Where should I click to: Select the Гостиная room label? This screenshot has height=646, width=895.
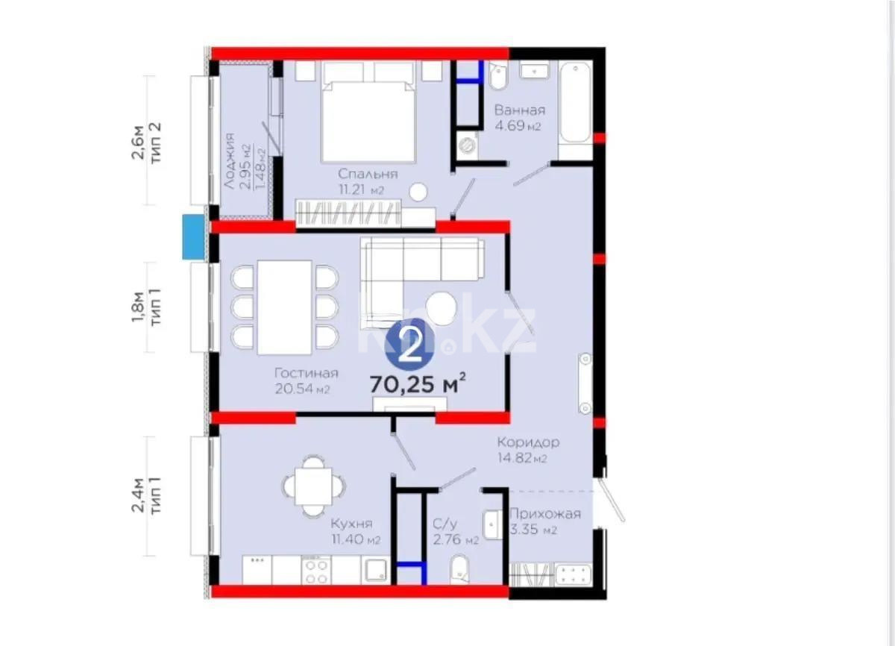(306, 373)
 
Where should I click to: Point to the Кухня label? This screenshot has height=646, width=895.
(354, 524)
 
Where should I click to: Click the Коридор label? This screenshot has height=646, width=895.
(528, 442)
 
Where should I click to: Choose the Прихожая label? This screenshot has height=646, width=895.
(544, 513)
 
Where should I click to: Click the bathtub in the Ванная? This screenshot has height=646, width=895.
(575, 104)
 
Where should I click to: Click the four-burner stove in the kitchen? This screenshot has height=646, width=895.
(316, 571)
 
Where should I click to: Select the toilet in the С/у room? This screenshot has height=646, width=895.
(459, 569)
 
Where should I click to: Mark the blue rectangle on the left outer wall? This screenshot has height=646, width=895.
(193, 237)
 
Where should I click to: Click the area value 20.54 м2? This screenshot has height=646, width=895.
(303, 389)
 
